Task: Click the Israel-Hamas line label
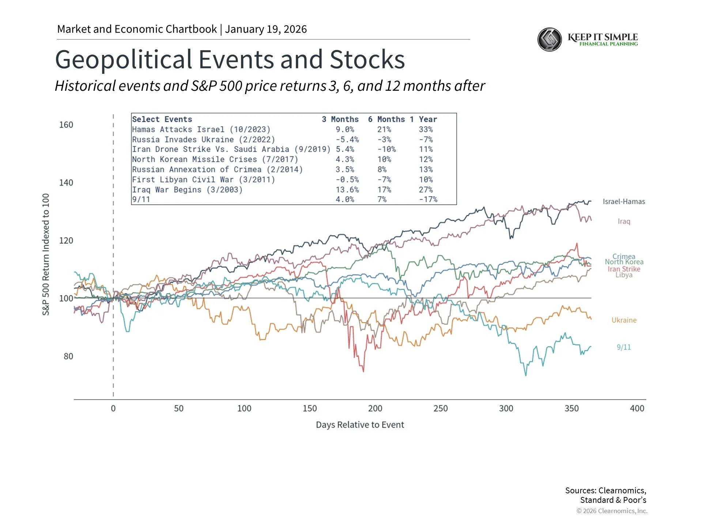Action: [x=624, y=202]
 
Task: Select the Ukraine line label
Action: [x=624, y=320]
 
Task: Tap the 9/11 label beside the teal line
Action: [x=623, y=347]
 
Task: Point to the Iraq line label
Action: [x=624, y=221]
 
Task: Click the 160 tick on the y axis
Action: [x=66, y=125]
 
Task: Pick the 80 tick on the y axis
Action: [x=68, y=356]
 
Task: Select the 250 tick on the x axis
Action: [x=441, y=408]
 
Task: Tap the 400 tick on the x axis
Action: [x=637, y=408]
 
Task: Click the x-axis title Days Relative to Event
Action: [x=360, y=425]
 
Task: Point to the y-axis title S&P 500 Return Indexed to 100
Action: [x=46, y=254]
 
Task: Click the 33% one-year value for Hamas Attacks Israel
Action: [x=426, y=130]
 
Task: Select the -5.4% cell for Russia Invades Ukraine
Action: [x=347, y=140]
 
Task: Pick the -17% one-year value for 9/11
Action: [x=428, y=199]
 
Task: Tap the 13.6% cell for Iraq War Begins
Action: [x=347, y=190]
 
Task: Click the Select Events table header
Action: [x=162, y=119]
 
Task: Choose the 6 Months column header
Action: [x=386, y=119]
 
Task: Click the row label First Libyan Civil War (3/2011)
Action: [x=203, y=180]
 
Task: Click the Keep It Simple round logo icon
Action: [x=550, y=40]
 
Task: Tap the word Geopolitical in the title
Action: [x=124, y=59]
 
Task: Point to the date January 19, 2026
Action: [x=266, y=29]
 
